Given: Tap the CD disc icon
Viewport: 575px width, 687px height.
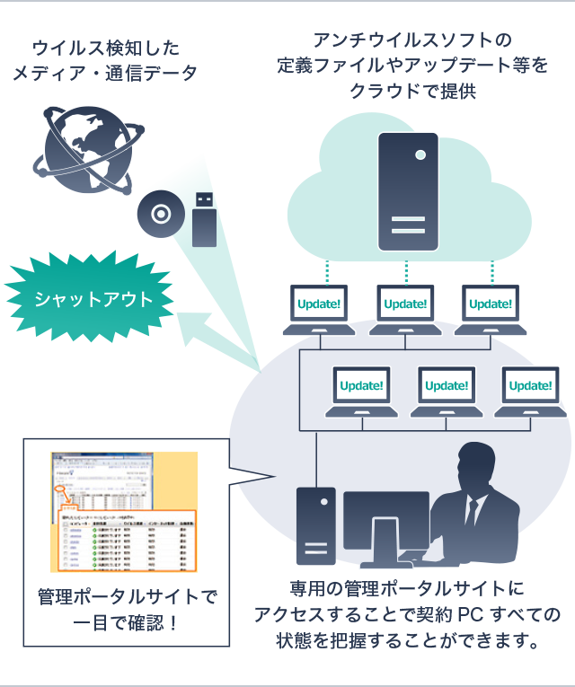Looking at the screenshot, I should [x=161, y=215].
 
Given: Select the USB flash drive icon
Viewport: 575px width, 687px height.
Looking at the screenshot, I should [x=205, y=219].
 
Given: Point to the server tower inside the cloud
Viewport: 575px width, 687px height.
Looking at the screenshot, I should [x=408, y=191].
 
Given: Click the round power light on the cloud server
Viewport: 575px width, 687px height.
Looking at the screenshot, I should [x=420, y=154].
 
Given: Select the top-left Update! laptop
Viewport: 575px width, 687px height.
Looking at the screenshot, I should [x=320, y=308].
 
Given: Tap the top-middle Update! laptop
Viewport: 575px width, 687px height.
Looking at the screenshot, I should [x=405, y=308].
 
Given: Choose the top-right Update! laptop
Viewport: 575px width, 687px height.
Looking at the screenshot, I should [x=491, y=308].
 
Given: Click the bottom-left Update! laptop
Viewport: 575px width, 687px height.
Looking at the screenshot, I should [x=362, y=390].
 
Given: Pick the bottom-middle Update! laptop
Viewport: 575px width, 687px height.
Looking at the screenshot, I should [x=447, y=390].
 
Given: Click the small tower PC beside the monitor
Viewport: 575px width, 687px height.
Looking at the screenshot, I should [x=315, y=525].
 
